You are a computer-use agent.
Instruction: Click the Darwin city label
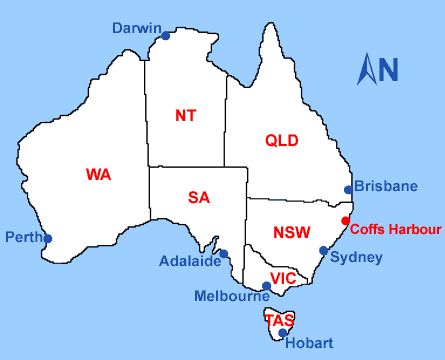point(136,27)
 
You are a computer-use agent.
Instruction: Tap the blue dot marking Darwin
point(166,35)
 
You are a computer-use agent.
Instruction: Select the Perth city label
point(22,238)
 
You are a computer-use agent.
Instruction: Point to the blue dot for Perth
point(48,238)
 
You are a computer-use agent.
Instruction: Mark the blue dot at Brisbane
point(348,190)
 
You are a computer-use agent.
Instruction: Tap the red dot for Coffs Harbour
point(346,221)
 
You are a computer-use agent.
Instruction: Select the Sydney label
point(356,257)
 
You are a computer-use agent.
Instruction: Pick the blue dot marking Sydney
point(323,251)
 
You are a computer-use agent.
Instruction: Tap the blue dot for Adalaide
point(224,254)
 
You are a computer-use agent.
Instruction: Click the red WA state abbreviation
point(98,174)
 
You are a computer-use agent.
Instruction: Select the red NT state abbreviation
point(185,115)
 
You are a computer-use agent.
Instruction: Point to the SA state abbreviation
point(199,197)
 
